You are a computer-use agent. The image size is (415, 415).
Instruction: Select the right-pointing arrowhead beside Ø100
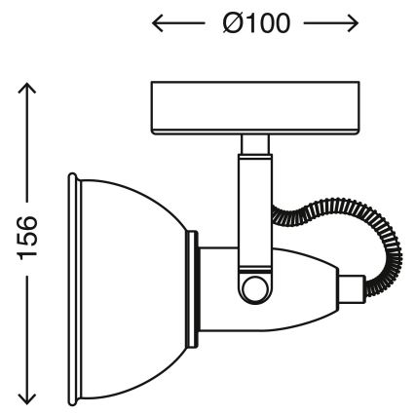click(x=352, y=25)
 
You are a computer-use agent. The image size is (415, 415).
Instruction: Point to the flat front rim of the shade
click(x=73, y=288)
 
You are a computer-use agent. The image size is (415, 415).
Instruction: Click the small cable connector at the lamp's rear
click(x=351, y=287)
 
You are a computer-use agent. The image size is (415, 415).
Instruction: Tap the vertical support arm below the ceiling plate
click(x=255, y=209)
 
